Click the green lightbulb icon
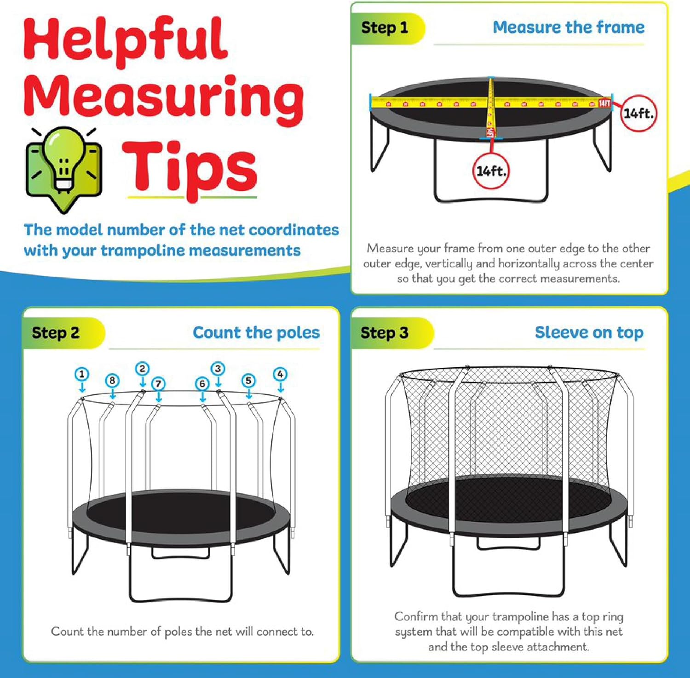pos(63,168)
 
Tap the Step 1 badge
pos(385,28)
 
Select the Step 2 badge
pos(56,333)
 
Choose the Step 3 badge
pos(385,333)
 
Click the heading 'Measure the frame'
pos(569,28)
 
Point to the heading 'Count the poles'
pos(256,333)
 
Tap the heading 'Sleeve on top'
pos(589,333)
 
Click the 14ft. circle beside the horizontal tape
pos(638,113)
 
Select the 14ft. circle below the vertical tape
pos(491,171)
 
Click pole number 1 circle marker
pos(82,374)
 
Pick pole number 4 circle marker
pos(280,374)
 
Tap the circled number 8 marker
pos(112,381)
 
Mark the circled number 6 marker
pos(202,383)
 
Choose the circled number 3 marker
pos(218,369)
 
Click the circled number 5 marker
pos(249,381)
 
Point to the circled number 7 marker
pos(158,383)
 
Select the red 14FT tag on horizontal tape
pos(604,103)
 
